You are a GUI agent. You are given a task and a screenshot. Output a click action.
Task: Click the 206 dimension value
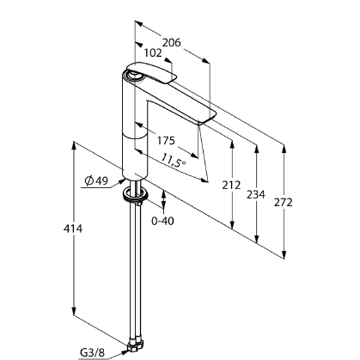172,43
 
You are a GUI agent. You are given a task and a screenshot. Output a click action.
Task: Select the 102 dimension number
153,53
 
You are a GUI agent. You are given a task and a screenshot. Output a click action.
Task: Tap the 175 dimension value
166,141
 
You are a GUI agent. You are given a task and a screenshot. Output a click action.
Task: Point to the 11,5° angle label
173,160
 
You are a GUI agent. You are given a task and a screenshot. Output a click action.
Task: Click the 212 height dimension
231,186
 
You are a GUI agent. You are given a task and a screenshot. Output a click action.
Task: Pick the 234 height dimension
256,195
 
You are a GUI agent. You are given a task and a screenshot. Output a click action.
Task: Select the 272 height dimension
284,203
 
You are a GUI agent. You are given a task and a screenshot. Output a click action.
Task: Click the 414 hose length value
73,229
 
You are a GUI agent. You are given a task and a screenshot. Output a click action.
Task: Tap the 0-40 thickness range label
162,221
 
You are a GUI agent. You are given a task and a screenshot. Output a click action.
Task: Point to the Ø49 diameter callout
96,180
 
